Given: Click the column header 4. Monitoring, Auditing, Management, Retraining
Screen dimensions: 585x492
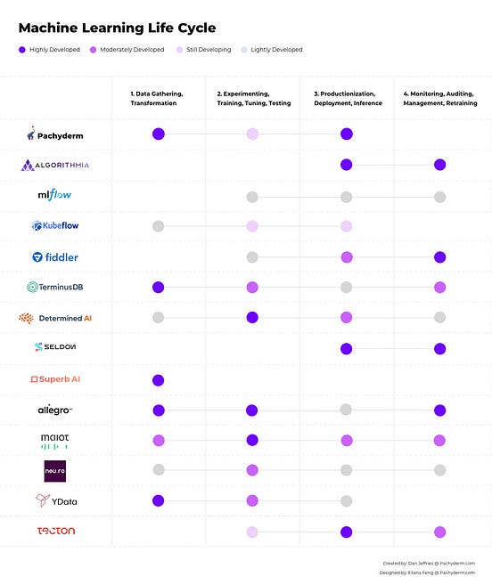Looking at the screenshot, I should tap(440, 98).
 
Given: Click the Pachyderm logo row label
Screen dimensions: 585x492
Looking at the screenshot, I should tap(54, 134).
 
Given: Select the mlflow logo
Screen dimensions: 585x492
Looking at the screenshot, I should tap(54, 195).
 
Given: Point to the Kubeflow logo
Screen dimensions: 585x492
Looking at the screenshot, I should tap(54, 226).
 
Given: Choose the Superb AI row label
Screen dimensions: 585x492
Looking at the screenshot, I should tap(55, 379).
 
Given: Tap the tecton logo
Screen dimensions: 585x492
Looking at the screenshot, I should tap(55, 532).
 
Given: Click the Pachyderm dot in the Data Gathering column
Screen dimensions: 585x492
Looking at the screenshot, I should tap(159, 134).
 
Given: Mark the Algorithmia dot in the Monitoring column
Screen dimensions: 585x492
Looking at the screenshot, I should tap(439, 165).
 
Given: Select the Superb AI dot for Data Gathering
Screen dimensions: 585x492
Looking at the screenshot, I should tap(159, 380).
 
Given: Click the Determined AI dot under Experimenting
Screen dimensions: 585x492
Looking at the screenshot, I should tap(252, 318).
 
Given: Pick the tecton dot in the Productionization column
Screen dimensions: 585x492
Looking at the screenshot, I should tap(346, 532).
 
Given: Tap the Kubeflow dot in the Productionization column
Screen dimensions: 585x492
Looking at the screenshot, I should tap(346, 226).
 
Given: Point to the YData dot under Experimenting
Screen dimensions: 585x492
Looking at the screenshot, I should tap(252, 500).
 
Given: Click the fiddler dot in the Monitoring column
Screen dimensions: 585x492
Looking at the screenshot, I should tap(439, 257).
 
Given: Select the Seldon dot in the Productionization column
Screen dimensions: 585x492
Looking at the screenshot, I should tap(346, 349).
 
